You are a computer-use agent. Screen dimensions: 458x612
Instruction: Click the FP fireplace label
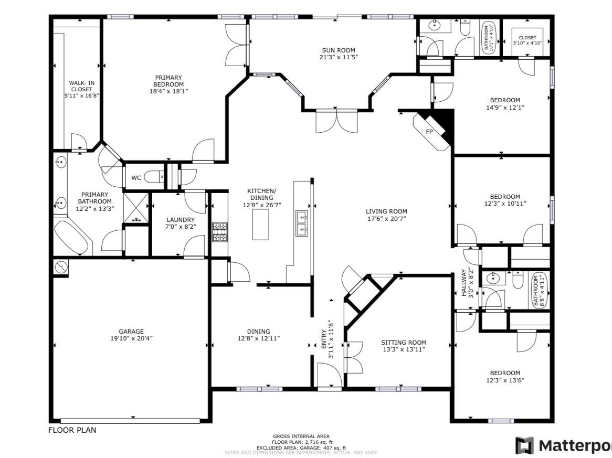point(429,131)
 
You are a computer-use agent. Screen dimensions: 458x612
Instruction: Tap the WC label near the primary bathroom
point(136,178)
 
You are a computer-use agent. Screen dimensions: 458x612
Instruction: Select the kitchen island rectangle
point(260,224)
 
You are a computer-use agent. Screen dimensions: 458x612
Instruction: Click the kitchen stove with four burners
point(219,232)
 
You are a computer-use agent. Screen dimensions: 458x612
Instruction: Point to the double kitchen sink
point(301,223)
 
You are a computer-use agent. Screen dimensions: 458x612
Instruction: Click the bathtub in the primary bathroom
point(72,239)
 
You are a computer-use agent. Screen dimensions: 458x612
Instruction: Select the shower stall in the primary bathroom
point(136,208)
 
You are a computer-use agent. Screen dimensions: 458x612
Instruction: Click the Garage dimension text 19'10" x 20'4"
point(131,338)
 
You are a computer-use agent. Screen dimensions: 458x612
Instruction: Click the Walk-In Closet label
point(81,89)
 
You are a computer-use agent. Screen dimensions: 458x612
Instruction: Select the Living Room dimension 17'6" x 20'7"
point(386,218)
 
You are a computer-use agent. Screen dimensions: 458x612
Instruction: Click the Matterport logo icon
point(524,445)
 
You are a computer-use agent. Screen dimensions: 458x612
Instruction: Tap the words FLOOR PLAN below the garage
point(72,430)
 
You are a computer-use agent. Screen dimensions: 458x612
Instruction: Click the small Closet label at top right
point(527,38)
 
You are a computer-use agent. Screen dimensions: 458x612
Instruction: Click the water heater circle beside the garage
point(61,268)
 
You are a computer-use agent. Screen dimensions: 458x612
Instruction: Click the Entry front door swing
point(329,375)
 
